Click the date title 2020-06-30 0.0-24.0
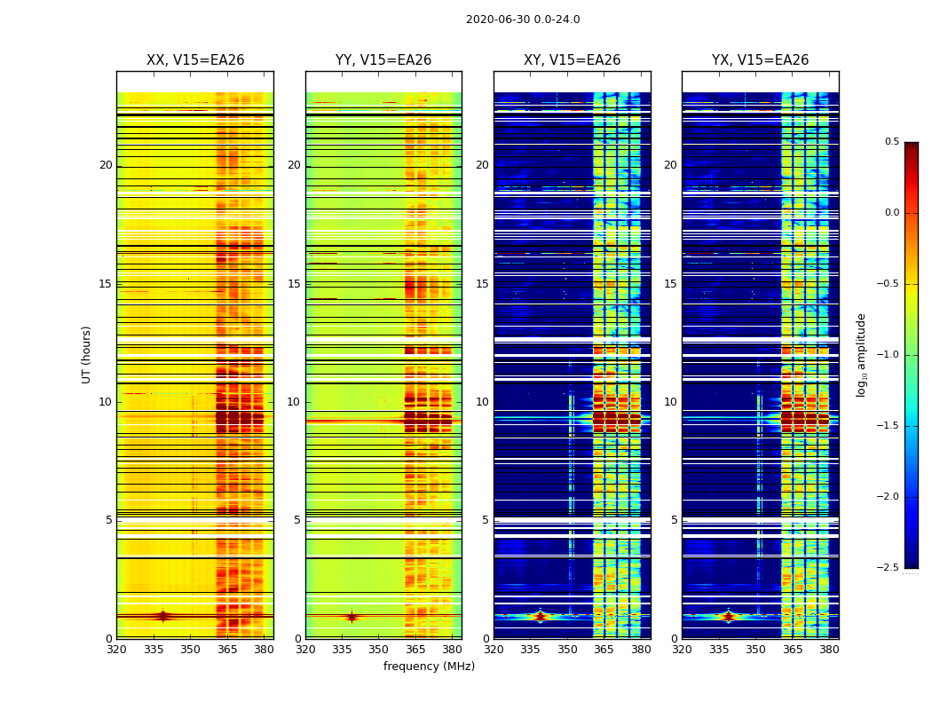[x=523, y=20]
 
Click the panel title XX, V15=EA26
[x=195, y=60]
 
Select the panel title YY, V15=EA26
[x=383, y=60]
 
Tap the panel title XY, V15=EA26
[x=572, y=60]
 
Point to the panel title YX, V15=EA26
[x=760, y=60]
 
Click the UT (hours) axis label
[x=87, y=354]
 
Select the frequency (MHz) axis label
[x=429, y=667]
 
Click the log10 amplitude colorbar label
[x=861, y=354]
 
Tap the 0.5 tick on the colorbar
[x=891, y=142]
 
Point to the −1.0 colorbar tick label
[x=888, y=355]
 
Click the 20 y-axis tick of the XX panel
[x=106, y=165]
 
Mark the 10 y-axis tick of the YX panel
[x=671, y=402]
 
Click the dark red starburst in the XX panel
[x=162, y=616]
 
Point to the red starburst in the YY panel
[x=351, y=616]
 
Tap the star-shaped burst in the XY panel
[x=540, y=616]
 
